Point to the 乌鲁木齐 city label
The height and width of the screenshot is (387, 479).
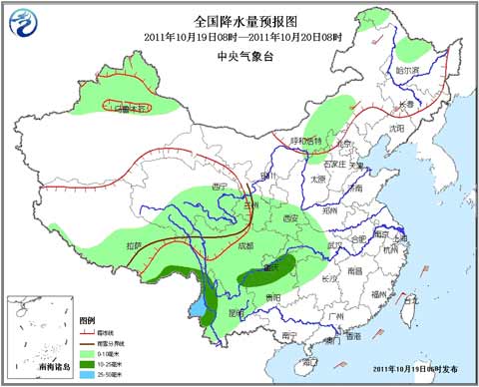(133, 106)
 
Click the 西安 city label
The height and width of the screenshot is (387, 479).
(289, 217)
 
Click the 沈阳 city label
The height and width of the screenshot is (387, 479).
(398, 128)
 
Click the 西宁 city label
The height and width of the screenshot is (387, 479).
(221, 187)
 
